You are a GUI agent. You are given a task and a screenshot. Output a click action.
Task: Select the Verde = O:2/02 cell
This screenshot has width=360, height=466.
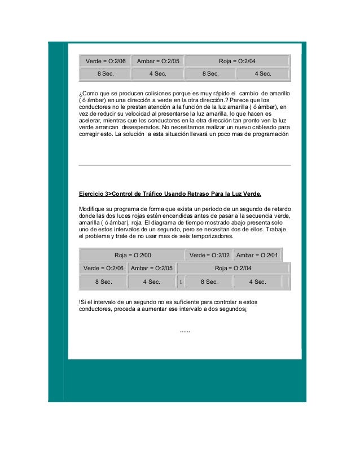coord(209,256)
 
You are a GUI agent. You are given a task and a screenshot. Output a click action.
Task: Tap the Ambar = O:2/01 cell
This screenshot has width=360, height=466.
coord(257,256)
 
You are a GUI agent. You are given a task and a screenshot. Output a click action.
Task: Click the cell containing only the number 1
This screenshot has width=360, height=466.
coord(181,282)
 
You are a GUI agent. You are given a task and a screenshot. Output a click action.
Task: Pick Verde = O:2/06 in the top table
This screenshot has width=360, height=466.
coord(105,61)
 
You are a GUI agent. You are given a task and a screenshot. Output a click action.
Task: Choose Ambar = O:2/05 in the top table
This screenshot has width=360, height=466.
coord(158,61)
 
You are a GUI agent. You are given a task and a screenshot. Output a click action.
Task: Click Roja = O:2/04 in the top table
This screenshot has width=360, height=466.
coord(238,61)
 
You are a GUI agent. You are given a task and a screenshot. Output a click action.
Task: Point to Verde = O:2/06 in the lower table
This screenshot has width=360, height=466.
coord(103,268)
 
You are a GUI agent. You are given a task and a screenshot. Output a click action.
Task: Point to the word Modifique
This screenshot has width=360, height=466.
coord(94,209)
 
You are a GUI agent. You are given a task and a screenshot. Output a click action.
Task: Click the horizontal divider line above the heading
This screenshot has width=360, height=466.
coord(185,165)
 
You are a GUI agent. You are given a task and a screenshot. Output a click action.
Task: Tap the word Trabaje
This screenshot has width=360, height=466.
coord(277,230)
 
